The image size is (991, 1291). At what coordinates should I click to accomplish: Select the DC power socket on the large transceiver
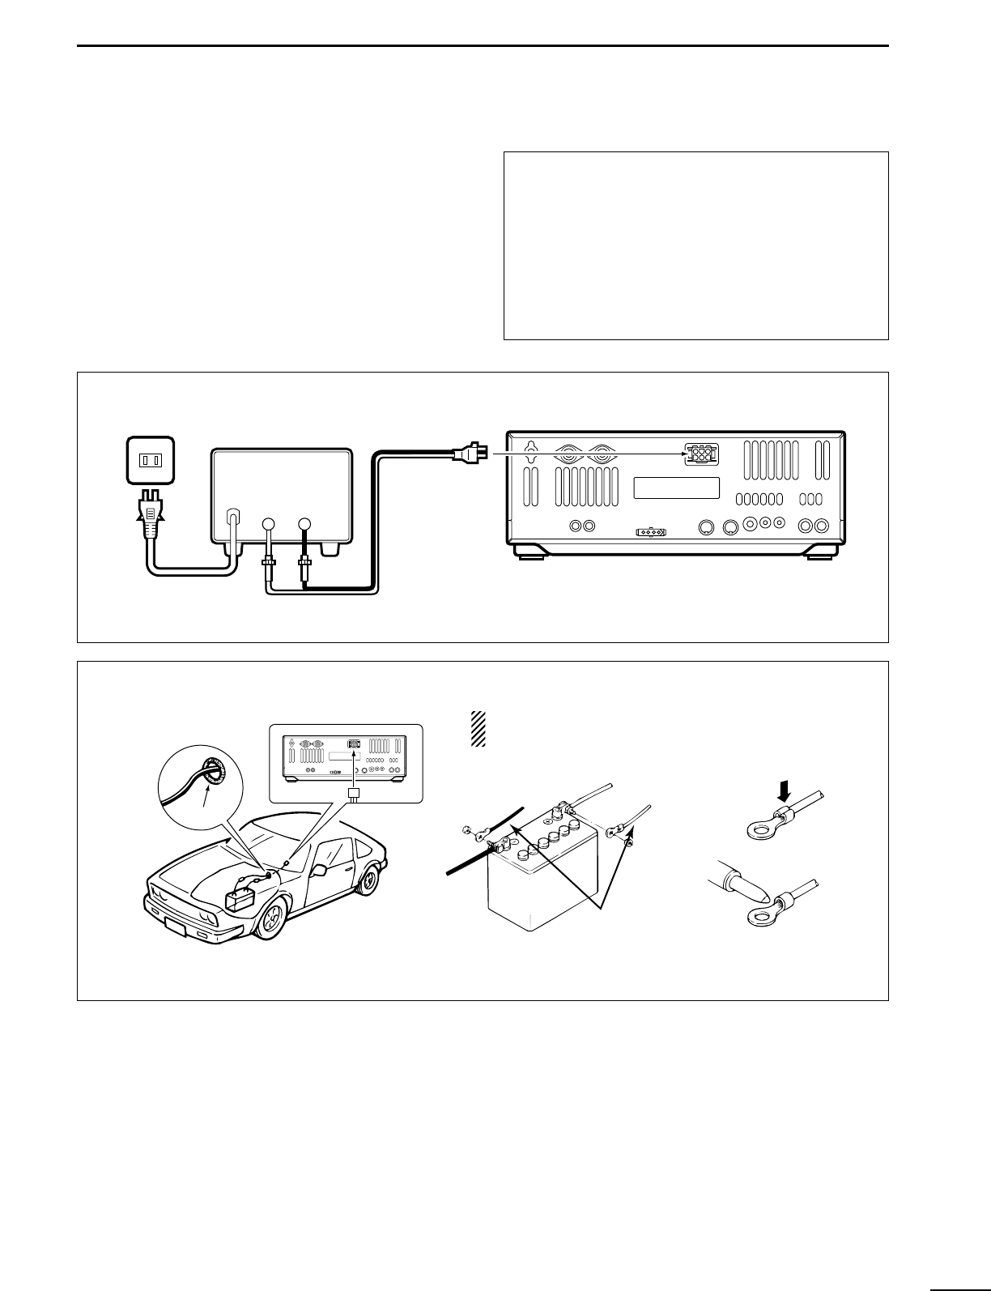tap(700, 454)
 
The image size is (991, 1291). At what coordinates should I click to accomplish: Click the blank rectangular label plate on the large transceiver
tap(676, 488)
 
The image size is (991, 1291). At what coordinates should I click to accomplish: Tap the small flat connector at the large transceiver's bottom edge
tap(652, 533)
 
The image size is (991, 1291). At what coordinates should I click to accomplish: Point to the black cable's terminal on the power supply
tap(304, 524)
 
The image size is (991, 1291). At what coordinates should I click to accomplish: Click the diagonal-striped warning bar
tap(478, 729)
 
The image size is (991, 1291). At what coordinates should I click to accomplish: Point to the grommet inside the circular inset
tap(214, 772)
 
